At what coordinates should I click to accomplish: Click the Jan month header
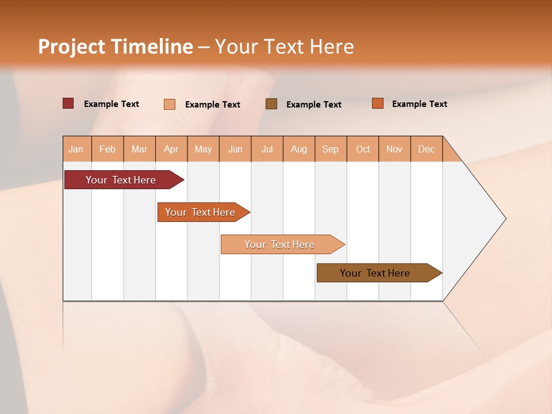pos(76,149)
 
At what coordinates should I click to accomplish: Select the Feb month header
pos(108,149)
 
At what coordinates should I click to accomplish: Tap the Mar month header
pos(139,149)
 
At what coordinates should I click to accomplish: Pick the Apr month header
pos(171,149)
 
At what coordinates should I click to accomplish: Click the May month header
pos(203,149)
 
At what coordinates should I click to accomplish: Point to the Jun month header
pos(235,149)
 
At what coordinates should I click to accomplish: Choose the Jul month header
pos(267,149)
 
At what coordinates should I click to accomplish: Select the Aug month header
pos(299,149)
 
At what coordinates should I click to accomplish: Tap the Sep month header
pos(331,149)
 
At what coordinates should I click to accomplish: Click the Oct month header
pos(363,149)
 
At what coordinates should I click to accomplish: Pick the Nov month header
pos(394,149)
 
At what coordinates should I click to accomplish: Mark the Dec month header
pos(427,149)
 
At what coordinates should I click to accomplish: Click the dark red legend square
pos(68,103)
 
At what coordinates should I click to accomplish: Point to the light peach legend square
pos(170,104)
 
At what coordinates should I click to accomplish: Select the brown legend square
pos(271,103)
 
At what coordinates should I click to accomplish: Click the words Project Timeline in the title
pos(116,47)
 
